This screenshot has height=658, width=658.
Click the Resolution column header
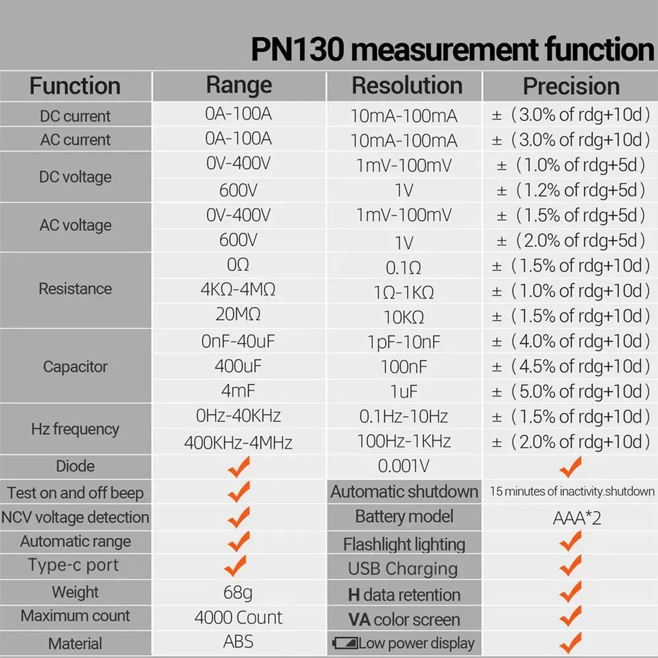point(407,86)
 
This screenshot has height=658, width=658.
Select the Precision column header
point(571,86)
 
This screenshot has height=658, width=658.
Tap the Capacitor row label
point(75,367)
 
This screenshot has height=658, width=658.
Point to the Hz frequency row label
point(75,429)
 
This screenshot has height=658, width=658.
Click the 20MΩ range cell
point(238,314)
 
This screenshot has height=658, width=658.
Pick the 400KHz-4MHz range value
point(238,442)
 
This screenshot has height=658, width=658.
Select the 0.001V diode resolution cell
point(404,466)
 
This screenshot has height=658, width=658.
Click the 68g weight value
point(238,592)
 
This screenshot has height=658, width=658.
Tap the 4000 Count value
point(238,617)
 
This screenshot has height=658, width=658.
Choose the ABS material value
point(238,642)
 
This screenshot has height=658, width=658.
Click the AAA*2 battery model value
point(577,518)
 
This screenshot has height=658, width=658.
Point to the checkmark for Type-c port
point(236,566)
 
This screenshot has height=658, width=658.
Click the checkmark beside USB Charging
point(571,566)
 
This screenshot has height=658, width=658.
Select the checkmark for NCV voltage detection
point(238,517)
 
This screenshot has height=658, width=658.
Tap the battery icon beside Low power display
point(345,644)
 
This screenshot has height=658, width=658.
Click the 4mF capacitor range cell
point(238,391)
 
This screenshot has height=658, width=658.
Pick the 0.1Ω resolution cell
point(404,268)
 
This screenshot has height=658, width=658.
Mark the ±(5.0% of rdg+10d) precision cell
point(571,392)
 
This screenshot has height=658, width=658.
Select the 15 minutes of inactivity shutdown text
point(572,491)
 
